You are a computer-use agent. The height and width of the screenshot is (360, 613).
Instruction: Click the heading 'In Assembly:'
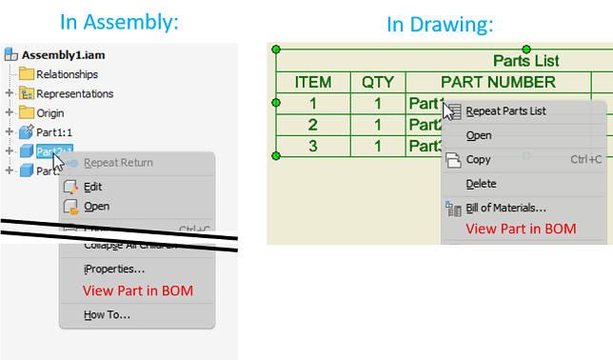119,22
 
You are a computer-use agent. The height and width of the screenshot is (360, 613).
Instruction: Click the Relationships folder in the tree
67,74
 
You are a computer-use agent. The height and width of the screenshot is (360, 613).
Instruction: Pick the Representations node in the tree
74,93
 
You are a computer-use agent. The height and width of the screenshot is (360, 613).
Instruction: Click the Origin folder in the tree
50,112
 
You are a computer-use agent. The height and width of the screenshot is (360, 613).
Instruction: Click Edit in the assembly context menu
92,187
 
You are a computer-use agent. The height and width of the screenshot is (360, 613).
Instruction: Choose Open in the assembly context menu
96,206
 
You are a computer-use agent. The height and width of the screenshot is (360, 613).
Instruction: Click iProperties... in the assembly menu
114,270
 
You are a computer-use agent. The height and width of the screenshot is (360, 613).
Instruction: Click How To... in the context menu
107,314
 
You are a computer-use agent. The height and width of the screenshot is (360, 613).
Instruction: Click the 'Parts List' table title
525,61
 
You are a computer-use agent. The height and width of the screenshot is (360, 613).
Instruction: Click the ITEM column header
313,83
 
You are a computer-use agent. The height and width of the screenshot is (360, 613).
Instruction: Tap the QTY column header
377,83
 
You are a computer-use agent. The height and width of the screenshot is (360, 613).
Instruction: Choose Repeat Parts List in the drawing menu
505,110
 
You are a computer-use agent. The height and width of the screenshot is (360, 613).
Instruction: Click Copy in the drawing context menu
479,159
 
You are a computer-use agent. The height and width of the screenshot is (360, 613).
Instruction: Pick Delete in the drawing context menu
481,183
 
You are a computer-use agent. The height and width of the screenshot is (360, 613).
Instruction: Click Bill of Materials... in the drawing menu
519,207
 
